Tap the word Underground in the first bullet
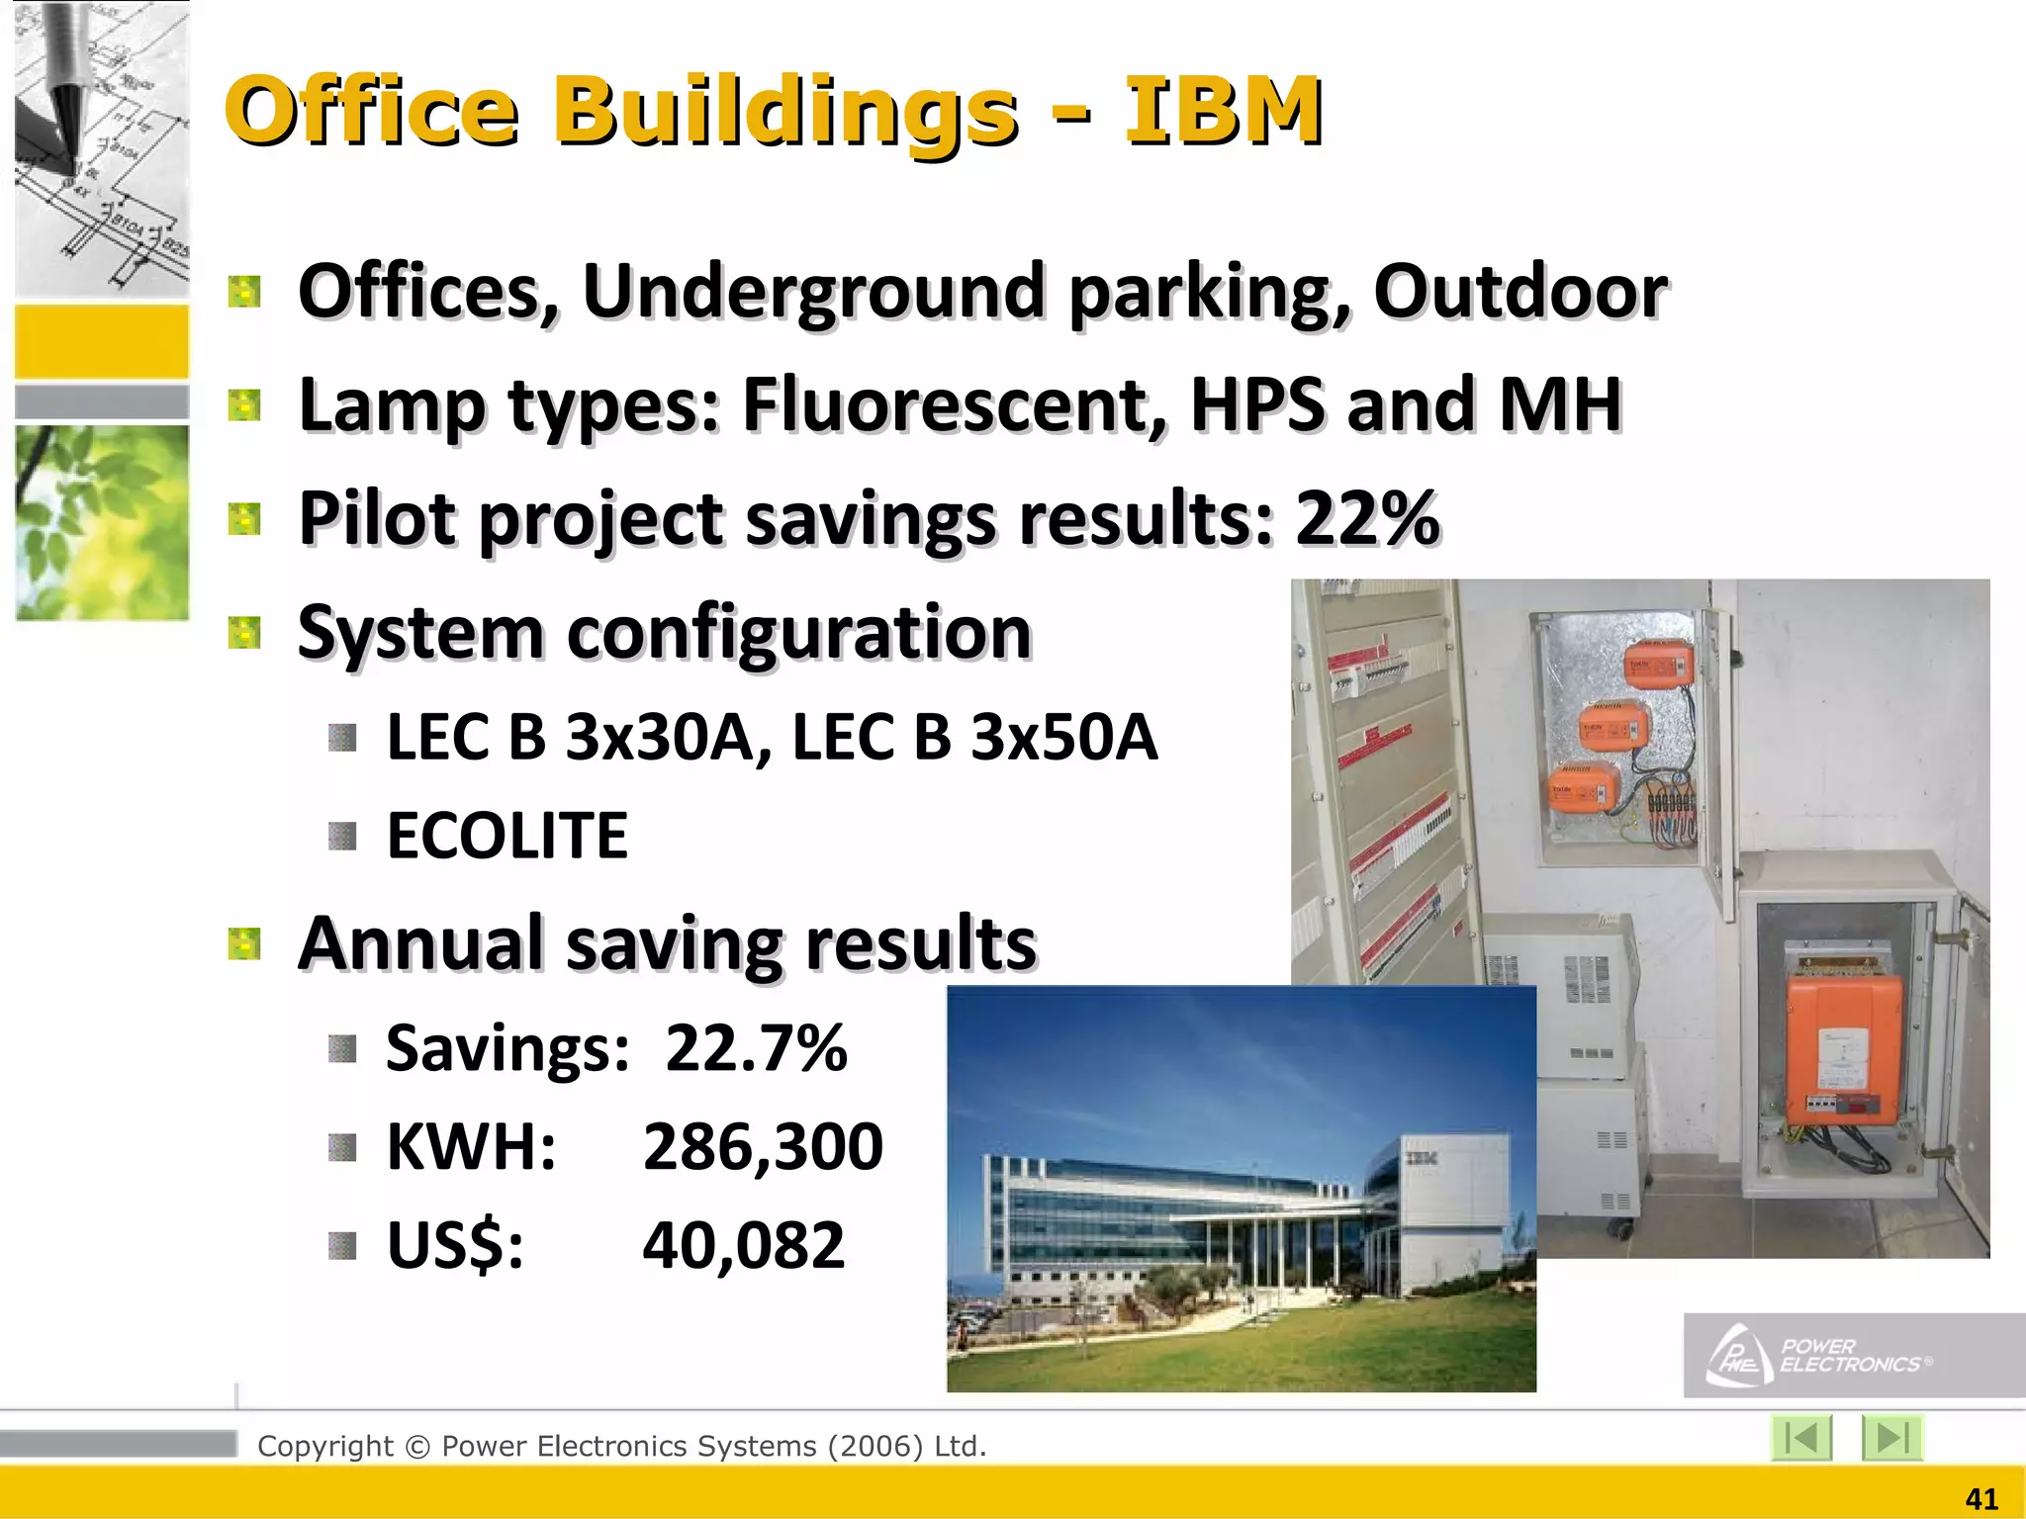813,292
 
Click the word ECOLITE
506,837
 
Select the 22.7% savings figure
756,1048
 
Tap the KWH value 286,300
763,1147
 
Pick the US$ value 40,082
744,1245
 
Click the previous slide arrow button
1801,1438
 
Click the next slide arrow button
1891,1438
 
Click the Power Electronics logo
1820,1356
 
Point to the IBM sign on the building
1423,1158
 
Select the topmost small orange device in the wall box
1658,663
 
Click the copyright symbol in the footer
417,1447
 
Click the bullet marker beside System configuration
243,633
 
